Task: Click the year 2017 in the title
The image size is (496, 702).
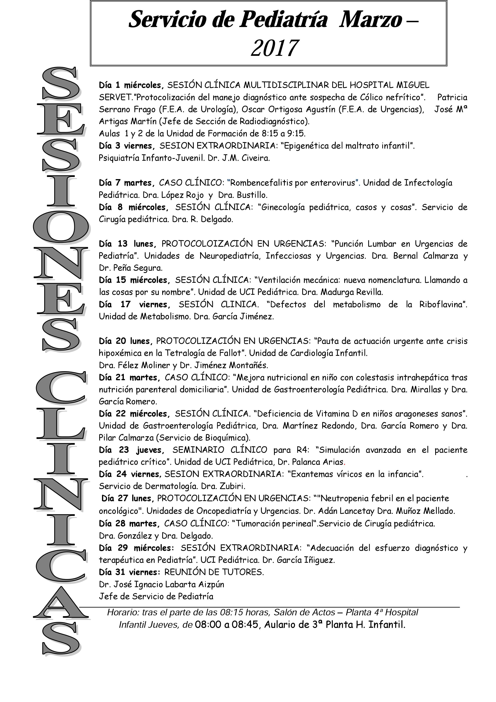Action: (274, 48)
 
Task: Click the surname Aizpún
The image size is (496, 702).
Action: (211, 584)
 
